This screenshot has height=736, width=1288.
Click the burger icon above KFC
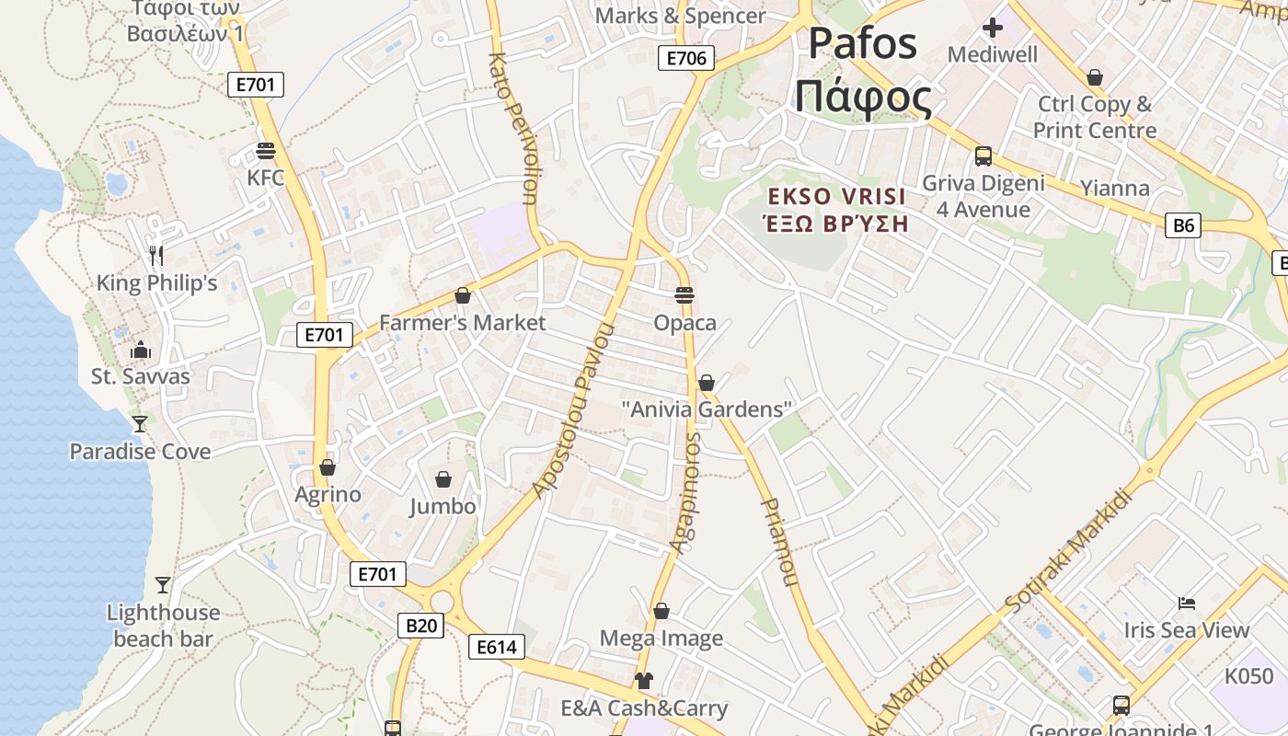[267, 151]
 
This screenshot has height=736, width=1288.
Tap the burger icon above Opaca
[684, 295]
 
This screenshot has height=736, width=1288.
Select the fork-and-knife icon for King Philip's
[156, 255]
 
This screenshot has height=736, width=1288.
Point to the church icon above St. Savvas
[141, 350]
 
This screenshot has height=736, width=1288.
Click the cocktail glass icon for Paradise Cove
[140, 424]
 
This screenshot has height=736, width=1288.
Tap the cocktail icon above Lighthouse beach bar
[163, 585]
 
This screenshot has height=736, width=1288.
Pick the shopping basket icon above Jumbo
[443, 479]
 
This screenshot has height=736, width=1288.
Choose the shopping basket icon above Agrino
[328, 467]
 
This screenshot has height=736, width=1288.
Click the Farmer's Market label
[462, 323]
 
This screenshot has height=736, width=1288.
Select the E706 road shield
[686, 59]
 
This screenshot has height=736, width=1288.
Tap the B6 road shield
[1183, 224]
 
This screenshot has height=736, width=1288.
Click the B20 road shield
[421, 626]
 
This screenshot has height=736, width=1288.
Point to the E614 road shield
[497, 647]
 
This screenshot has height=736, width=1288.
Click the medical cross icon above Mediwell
[993, 28]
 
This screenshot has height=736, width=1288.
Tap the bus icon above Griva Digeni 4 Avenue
[983, 155]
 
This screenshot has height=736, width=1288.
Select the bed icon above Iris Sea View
[1187, 604]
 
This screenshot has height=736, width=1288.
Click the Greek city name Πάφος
[863, 97]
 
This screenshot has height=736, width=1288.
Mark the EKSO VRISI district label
[837, 197]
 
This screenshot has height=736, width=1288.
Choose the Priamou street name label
[778, 543]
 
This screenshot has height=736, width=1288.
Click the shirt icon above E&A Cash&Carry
[644, 681]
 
